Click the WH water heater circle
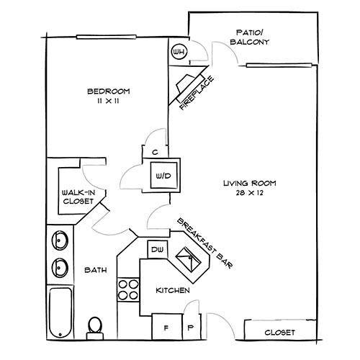click(179, 53)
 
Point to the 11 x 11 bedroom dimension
click(108, 102)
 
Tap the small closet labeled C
click(154, 152)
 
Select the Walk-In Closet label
click(76, 197)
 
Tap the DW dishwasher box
click(158, 250)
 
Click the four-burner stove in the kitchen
click(127, 289)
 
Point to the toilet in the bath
click(94, 328)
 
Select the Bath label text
click(96, 271)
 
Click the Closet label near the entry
click(279, 333)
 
